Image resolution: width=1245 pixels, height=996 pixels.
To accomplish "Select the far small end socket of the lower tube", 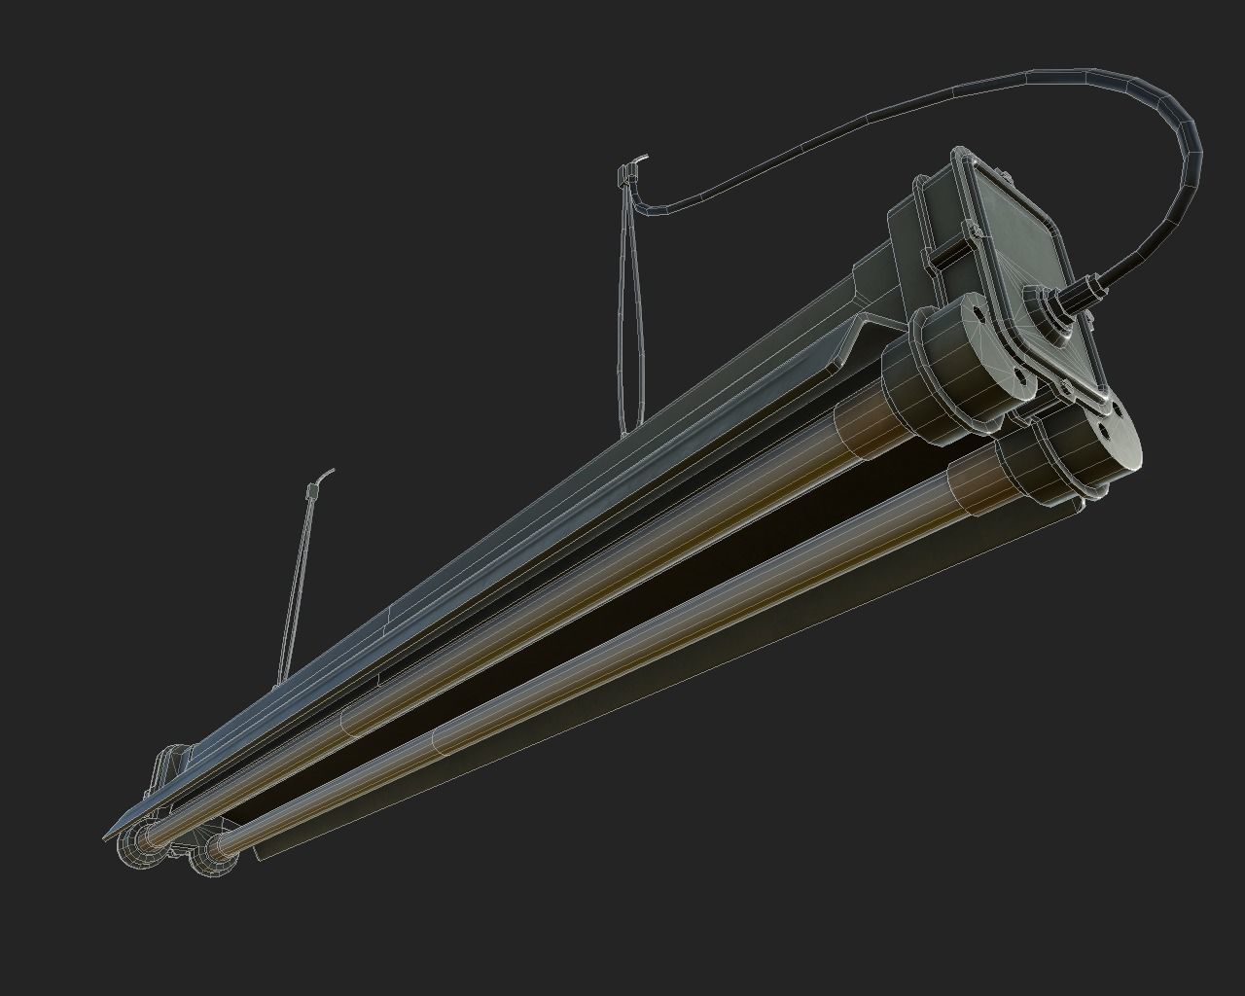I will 210,855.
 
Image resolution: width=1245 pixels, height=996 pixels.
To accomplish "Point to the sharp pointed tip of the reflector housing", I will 106,836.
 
